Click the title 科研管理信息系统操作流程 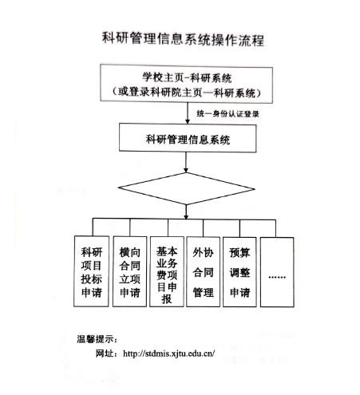pyautogui.click(x=183, y=40)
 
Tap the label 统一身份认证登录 pyautogui.click(x=227, y=114)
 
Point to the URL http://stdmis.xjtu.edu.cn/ pyautogui.click(x=168, y=354)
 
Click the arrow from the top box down pyautogui.click(x=188, y=113)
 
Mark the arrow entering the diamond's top pyautogui.click(x=186, y=162)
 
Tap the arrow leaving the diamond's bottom pyautogui.click(x=186, y=212)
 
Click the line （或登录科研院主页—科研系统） pyautogui.click(x=186, y=93)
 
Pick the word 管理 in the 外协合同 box pyautogui.click(x=203, y=292)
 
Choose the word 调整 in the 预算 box pyautogui.click(x=239, y=272)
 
